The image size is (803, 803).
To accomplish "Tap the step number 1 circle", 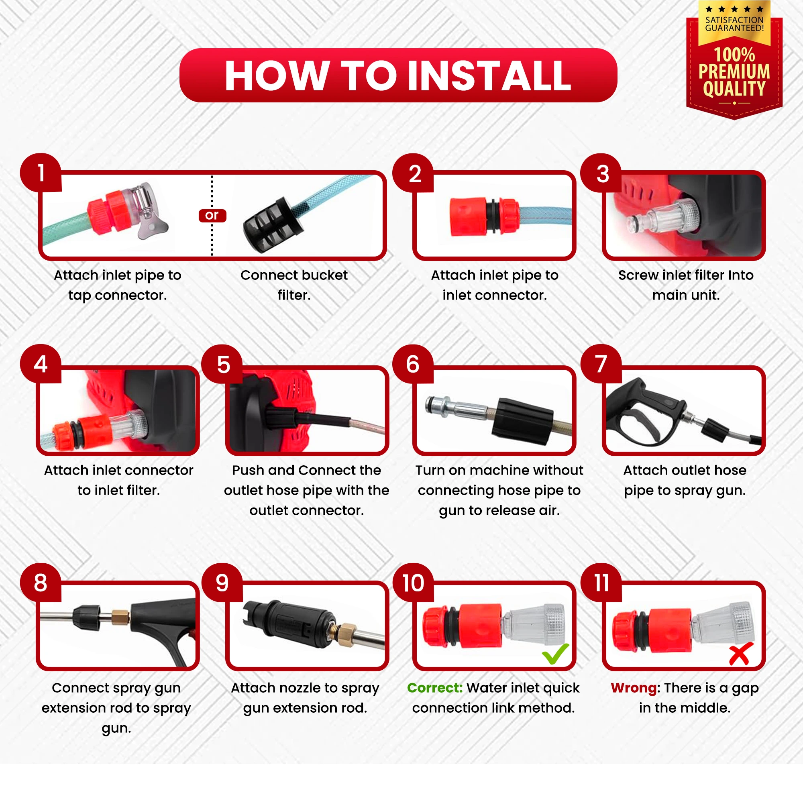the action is (x=41, y=173).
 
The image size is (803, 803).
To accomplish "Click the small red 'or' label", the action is (x=212, y=215).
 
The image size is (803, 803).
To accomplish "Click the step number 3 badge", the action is (x=601, y=173).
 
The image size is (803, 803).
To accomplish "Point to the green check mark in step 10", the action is (x=555, y=654).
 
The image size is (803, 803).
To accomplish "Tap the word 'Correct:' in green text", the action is (x=434, y=688).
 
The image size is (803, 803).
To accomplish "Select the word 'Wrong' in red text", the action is (x=634, y=688).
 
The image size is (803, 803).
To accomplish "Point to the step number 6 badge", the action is (x=413, y=364).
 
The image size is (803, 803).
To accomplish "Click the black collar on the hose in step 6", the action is (x=522, y=421).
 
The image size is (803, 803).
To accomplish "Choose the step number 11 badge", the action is (x=601, y=583).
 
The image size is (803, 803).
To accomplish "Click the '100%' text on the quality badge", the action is (x=734, y=55).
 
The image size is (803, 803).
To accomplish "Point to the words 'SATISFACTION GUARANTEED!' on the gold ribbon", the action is (x=734, y=24).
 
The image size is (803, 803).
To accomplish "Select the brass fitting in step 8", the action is (x=120, y=617).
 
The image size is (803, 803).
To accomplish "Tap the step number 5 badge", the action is (x=222, y=364).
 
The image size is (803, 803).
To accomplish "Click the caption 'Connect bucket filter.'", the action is (x=294, y=285).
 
